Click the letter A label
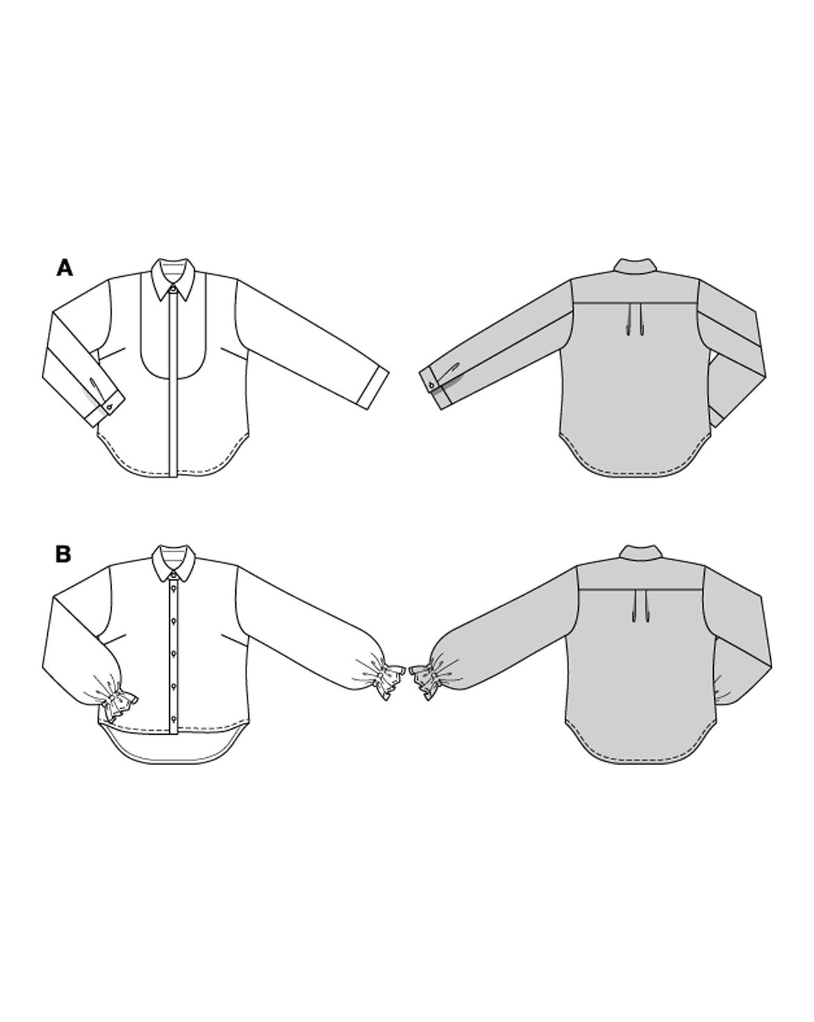point(65,268)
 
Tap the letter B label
point(64,554)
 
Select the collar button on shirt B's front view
point(174,575)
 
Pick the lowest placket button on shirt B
point(174,717)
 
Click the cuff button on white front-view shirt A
point(110,407)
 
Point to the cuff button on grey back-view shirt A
point(431,384)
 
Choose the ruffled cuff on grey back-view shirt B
point(422,681)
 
